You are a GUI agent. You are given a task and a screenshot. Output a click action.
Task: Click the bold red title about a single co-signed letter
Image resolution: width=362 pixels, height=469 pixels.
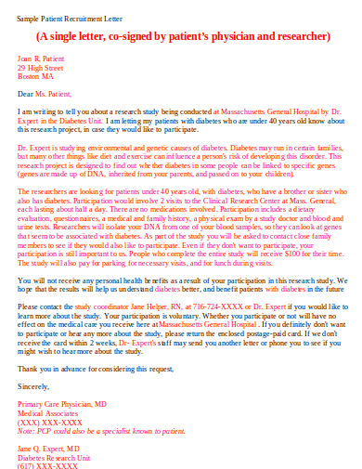pyautogui.click(x=183, y=37)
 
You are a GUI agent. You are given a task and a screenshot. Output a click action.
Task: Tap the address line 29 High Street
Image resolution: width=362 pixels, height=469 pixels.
pyautogui.click(x=41, y=67)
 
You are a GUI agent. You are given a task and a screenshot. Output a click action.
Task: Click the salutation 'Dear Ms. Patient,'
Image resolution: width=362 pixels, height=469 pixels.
pyautogui.click(x=47, y=94)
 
